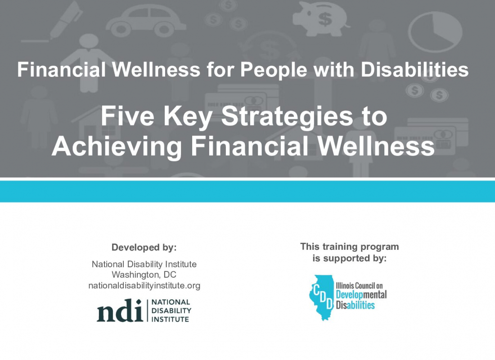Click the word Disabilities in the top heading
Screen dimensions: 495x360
(x=414, y=69)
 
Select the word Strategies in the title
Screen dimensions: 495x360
(x=287, y=117)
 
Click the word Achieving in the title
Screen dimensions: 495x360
(x=117, y=147)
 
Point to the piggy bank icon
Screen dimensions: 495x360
(x=321, y=19)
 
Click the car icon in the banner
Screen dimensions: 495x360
(x=145, y=21)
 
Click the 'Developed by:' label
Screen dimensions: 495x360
(x=144, y=247)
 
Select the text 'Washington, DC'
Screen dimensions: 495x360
(x=144, y=275)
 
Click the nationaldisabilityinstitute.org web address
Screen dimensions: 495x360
(x=144, y=285)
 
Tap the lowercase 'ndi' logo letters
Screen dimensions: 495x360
(x=120, y=310)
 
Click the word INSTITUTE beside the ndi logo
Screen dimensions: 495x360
(x=170, y=319)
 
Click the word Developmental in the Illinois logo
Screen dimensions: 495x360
(x=361, y=295)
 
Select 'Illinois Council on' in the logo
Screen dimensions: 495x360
(x=359, y=286)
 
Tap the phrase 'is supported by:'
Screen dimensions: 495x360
(x=350, y=258)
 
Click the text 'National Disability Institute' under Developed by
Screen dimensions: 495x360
(x=144, y=264)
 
